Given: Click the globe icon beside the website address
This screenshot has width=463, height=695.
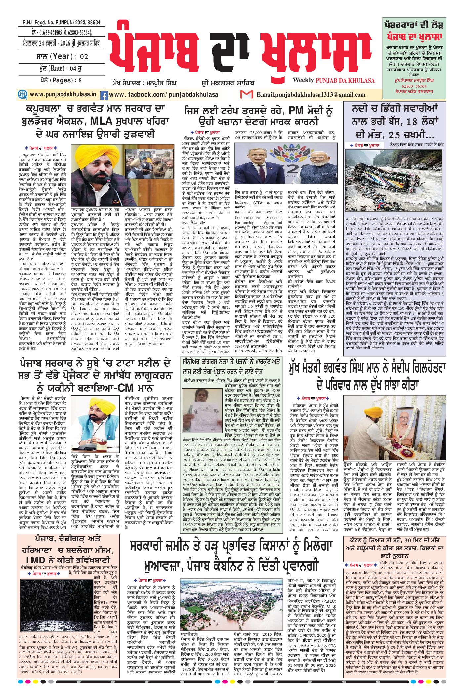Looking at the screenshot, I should pyautogui.click(x=22, y=94).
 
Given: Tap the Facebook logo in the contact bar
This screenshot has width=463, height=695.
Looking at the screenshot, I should pyautogui.click(x=104, y=95).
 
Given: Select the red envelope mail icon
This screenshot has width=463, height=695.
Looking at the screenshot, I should pyautogui.click(x=246, y=94).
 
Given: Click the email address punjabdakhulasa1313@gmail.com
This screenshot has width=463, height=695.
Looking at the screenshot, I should pyautogui.click(x=311, y=95).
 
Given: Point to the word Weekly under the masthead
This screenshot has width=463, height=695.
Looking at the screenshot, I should pyautogui.click(x=303, y=80).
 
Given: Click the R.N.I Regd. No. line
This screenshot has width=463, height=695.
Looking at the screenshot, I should pyautogui.click(x=61, y=23).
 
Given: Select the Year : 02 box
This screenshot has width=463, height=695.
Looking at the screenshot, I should pyautogui.click(x=61, y=56).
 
